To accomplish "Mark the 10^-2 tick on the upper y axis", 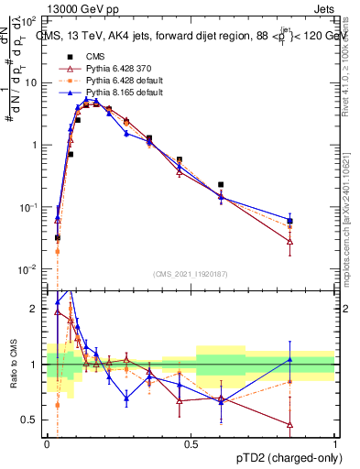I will (x=31, y=269).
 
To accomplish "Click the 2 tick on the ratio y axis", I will (x=36, y=309).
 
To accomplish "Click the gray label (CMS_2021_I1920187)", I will (x=191, y=274).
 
